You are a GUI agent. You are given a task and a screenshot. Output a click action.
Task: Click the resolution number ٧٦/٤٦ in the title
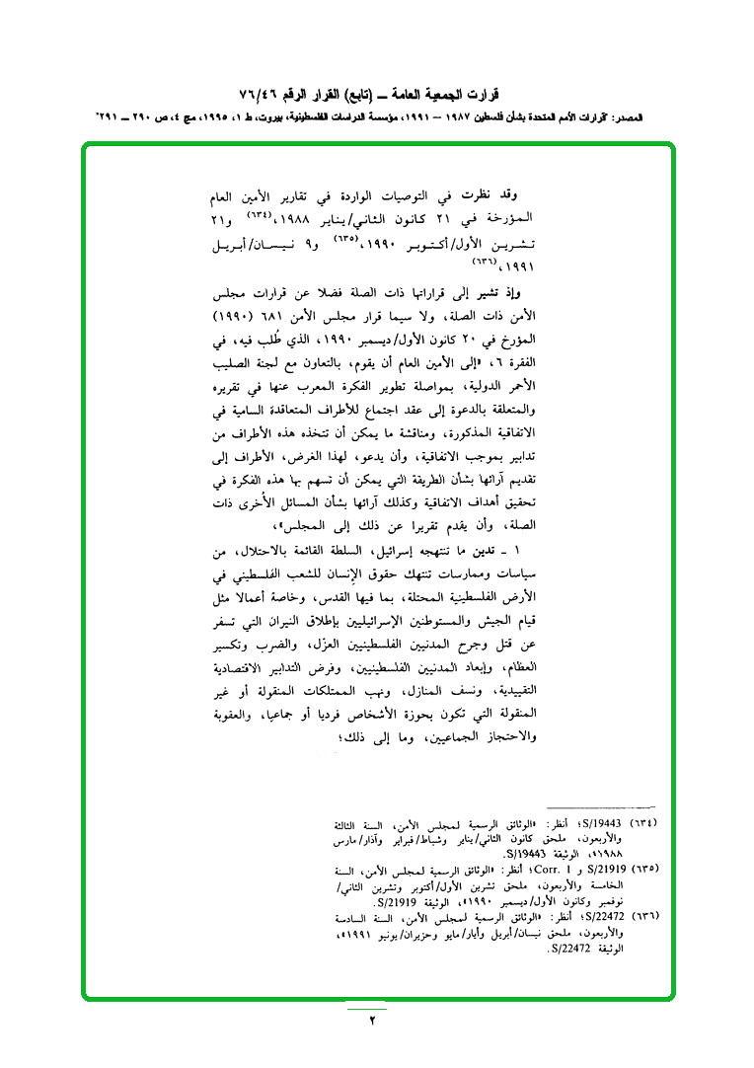pyautogui.click(x=259, y=96)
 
